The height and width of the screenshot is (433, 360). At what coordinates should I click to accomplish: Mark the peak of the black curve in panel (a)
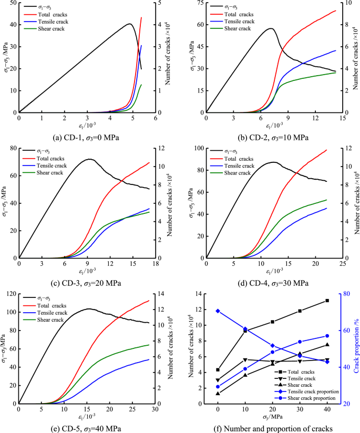(x=130, y=24)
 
